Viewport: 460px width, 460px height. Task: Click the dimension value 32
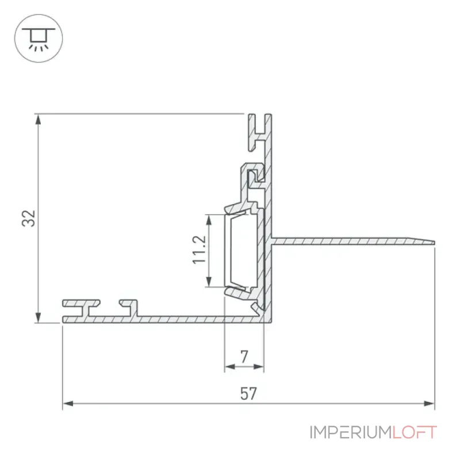tap(29, 218)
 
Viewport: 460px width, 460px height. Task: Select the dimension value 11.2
tap(200, 250)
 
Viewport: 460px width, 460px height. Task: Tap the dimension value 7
tap(244, 356)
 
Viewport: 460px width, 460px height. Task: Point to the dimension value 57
tap(248, 394)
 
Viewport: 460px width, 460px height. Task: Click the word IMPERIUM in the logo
tap(351, 432)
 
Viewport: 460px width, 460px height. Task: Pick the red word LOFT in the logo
tap(415, 432)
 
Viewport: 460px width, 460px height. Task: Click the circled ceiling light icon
tap(39, 38)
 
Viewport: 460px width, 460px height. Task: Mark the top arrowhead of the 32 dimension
tap(38, 120)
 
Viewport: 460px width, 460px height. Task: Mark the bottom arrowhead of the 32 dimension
tap(38, 317)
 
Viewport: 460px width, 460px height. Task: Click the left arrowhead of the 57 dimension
tap(68, 404)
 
